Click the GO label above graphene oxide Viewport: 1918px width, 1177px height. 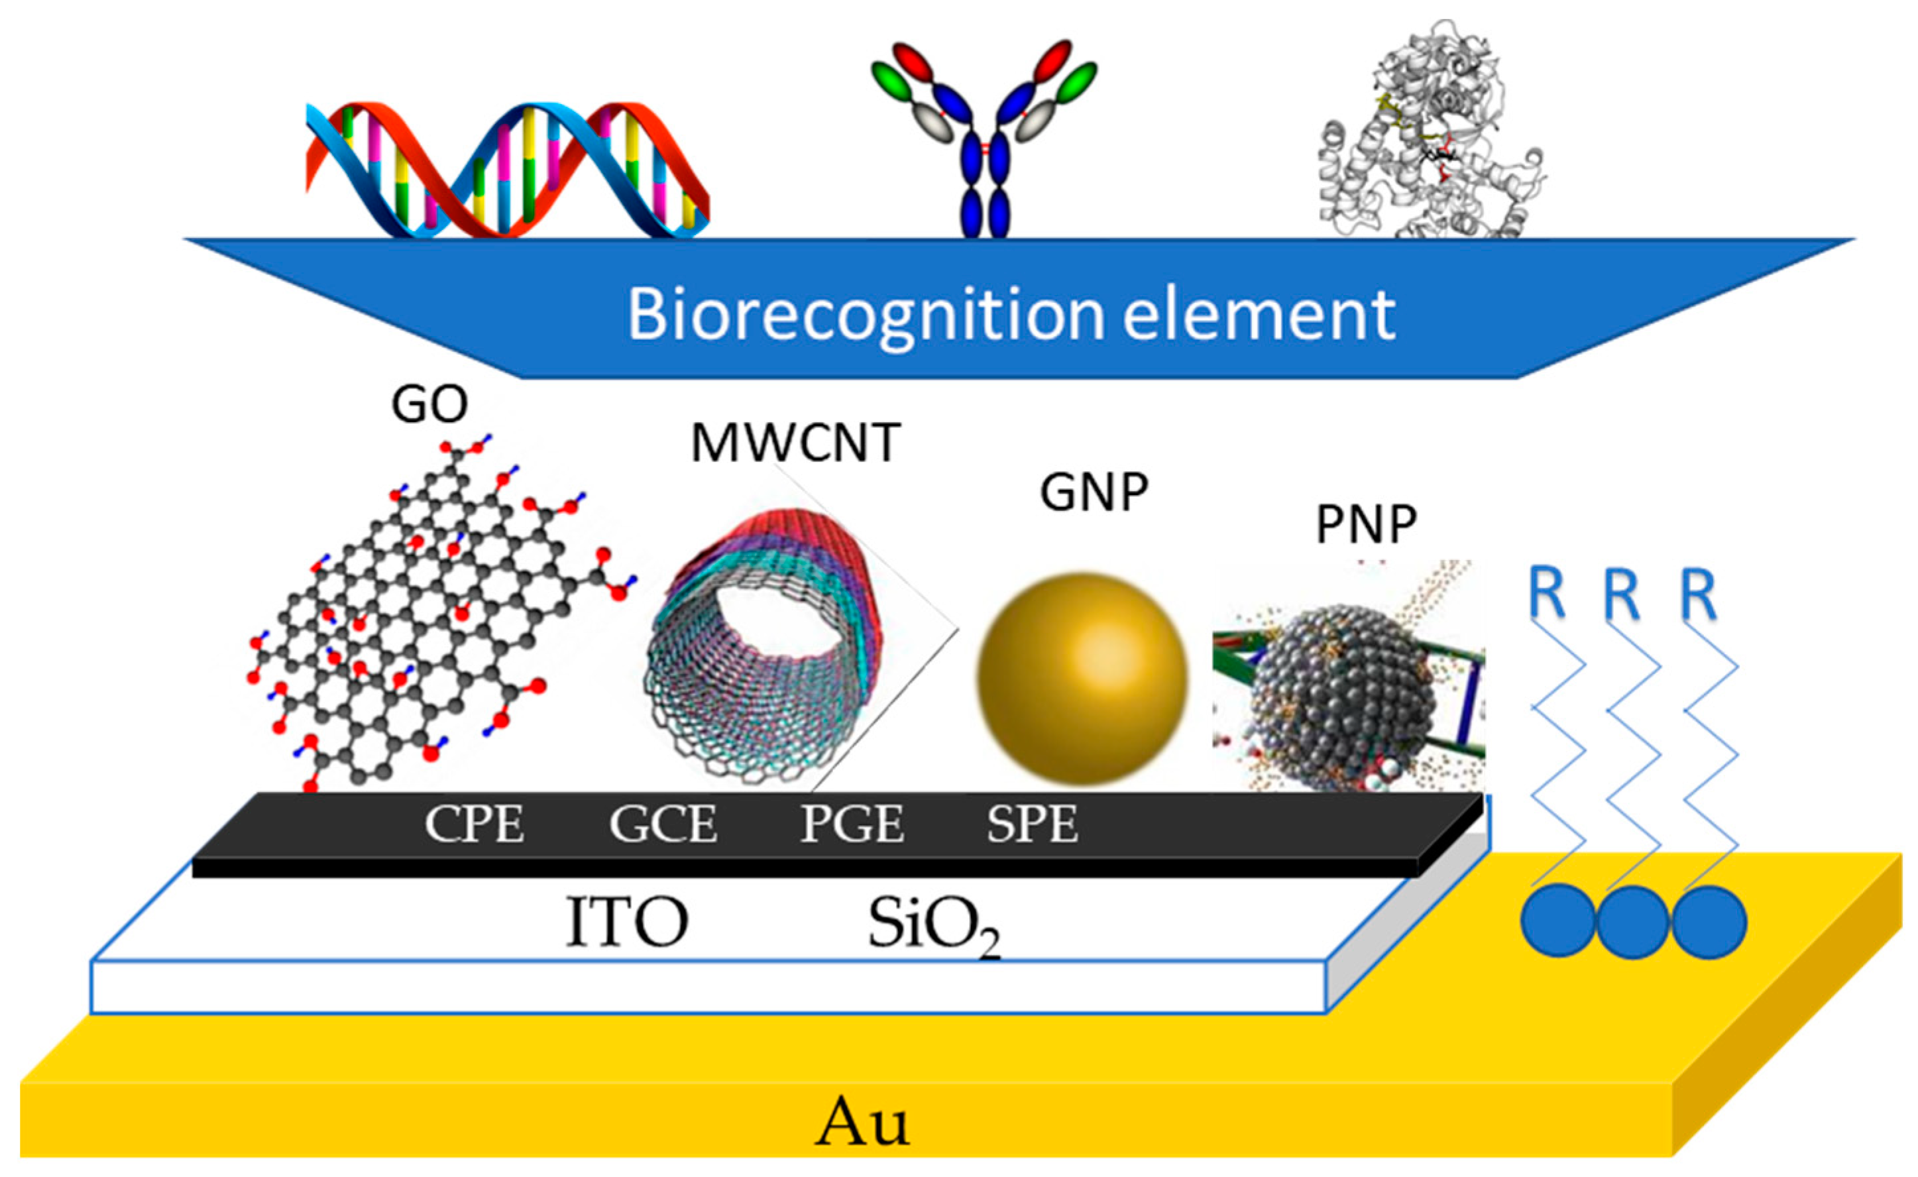(429, 404)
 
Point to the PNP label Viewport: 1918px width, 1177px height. (1366, 525)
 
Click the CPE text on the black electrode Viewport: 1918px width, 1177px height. (474, 824)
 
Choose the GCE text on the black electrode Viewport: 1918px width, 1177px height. (663, 824)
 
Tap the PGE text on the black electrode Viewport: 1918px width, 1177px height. (852, 824)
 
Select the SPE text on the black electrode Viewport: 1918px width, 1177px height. (1033, 824)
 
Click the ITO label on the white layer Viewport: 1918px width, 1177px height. (626, 922)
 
